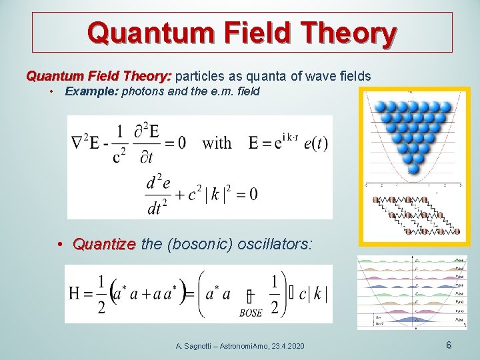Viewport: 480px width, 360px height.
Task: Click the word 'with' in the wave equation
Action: tap(217, 143)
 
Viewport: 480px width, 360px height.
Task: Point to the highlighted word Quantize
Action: tap(104, 245)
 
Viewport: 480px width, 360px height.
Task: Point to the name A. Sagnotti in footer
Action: tap(197, 346)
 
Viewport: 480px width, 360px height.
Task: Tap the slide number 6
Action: tap(449, 345)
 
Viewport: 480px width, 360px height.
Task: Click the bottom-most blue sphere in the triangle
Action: tap(413, 169)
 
